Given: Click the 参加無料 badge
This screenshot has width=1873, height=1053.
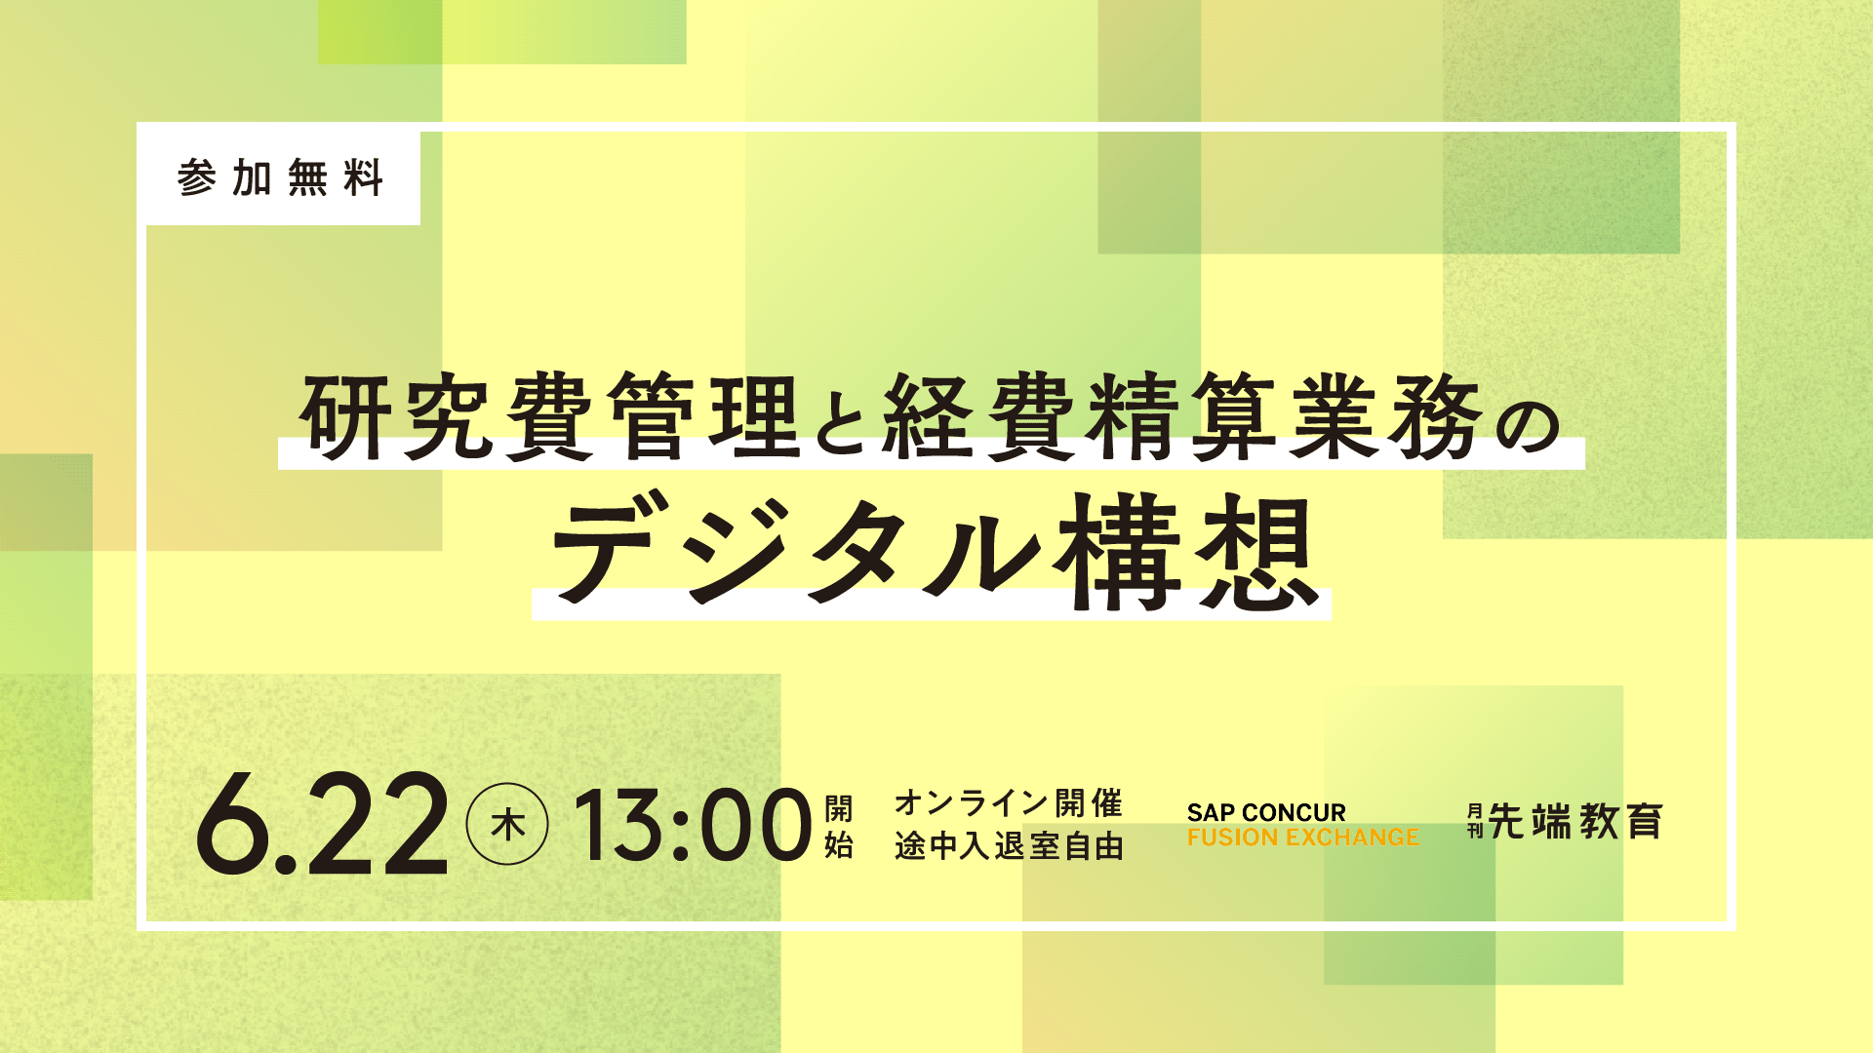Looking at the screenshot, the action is click(x=281, y=178).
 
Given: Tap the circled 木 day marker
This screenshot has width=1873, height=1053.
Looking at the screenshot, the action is click(x=507, y=824).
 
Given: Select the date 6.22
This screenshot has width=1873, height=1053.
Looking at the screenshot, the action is click(x=322, y=824).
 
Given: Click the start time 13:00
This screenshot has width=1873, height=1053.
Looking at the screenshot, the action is click(x=692, y=825).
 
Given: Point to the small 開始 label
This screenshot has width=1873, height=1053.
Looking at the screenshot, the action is click(x=838, y=826).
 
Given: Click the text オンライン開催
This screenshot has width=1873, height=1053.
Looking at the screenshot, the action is click(x=1009, y=803).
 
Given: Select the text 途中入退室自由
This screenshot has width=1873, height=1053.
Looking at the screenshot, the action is click(x=1009, y=845).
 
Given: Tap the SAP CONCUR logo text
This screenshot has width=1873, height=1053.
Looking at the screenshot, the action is click(x=1266, y=812).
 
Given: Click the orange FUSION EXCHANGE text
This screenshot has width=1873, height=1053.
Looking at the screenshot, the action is click(x=1302, y=838).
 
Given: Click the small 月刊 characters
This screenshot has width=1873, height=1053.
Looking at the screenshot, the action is click(x=1474, y=822).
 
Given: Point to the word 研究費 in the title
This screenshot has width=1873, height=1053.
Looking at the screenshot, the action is click(x=448, y=416).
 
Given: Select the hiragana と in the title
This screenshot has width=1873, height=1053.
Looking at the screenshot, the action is click(x=842, y=421).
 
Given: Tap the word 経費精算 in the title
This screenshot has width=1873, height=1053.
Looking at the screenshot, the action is click(x=1081, y=416).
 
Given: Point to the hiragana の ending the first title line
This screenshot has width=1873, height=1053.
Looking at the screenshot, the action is click(x=1528, y=424).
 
